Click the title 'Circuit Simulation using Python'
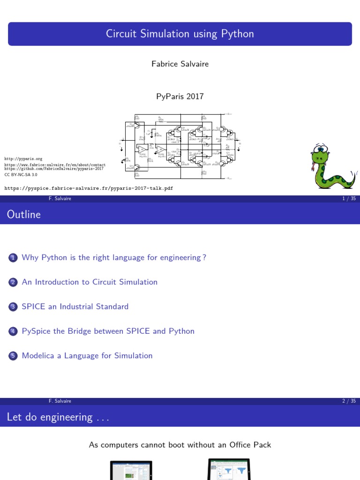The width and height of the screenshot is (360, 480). (x=180, y=34)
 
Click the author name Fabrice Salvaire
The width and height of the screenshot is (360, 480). (x=180, y=64)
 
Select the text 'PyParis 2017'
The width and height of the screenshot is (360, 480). (x=180, y=96)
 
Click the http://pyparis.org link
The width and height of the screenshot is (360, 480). (x=23, y=159)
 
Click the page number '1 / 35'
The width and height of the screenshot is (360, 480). (x=349, y=199)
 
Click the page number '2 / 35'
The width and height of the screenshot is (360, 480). (x=349, y=401)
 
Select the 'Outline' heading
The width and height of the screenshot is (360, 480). (x=24, y=215)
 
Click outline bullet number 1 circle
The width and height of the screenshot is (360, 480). (x=13, y=258)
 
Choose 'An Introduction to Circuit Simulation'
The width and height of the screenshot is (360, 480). (x=90, y=282)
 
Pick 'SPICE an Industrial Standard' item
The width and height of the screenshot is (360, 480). (x=75, y=307)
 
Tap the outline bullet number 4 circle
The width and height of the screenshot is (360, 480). (x=13, y=331)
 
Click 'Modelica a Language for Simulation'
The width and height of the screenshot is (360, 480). (x=87, y=356)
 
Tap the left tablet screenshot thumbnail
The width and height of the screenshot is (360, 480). (x=131, y=470)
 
